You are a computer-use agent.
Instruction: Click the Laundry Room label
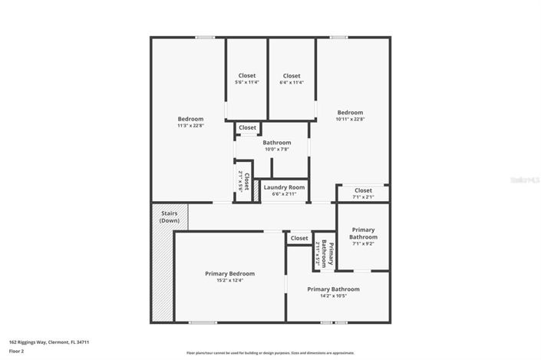(285, 187)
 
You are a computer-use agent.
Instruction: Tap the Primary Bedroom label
(229, 273)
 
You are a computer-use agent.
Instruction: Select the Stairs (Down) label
(170, 216)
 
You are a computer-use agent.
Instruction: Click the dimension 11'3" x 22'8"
(190, 126)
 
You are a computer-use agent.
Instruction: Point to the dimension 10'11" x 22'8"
(350, 119)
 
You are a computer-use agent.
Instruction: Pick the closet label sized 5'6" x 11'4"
(247, 82)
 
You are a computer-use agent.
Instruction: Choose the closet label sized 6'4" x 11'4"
(292, 82)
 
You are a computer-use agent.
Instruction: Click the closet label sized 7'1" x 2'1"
(363, 197)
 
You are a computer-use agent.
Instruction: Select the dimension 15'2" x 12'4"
(229, 280)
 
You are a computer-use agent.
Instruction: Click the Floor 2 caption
(16, 351)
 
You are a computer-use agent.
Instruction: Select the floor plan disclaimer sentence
(270, 353)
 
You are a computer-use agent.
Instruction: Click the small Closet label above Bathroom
(247, 127)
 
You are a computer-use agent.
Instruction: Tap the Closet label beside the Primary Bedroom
(299, 239)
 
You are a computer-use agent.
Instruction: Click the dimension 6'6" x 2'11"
(285, 194)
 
